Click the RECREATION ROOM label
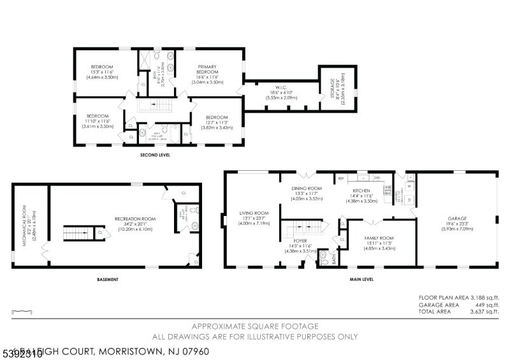pos(131,219)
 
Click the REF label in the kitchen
pos(341,178)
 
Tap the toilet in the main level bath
pos(323,257)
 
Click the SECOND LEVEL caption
pos(155,155)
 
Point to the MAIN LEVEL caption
pos(361,278)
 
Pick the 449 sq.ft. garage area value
pos(488,305)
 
